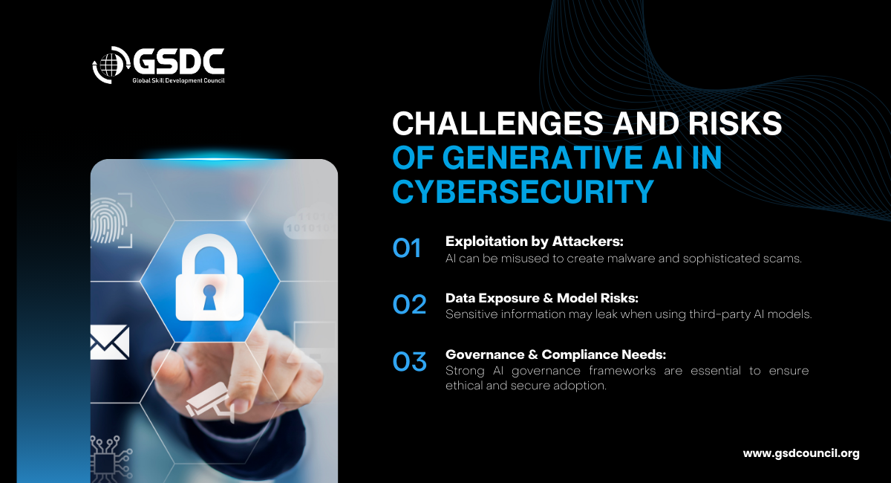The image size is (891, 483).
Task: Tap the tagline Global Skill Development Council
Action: (x=179, y=81)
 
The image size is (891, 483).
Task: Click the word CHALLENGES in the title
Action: (x=498, y=123)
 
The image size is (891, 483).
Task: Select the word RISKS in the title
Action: (x=736, y=123)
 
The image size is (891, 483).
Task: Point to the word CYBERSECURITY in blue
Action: (x=523, y=192)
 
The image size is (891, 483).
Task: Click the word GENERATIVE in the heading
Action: (x=543, y=158)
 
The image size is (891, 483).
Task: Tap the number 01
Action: (x=407, y=248)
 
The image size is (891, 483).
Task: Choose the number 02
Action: (x=409, y=305)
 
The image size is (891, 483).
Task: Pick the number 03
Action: (x=409, y=361)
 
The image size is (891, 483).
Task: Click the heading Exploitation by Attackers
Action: (x=534, y=241)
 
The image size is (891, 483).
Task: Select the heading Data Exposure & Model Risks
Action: (x=542, y=298)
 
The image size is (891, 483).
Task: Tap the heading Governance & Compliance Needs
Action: (x=555, y=354)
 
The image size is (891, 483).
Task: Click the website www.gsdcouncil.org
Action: (x=801, y=453)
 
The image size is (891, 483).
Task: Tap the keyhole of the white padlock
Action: (x=209, y=297)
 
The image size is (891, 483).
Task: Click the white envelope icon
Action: (x=110, y=343)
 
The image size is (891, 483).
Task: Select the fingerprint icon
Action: (x=108, y=221)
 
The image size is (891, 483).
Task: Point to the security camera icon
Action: (x=209, y=403)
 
